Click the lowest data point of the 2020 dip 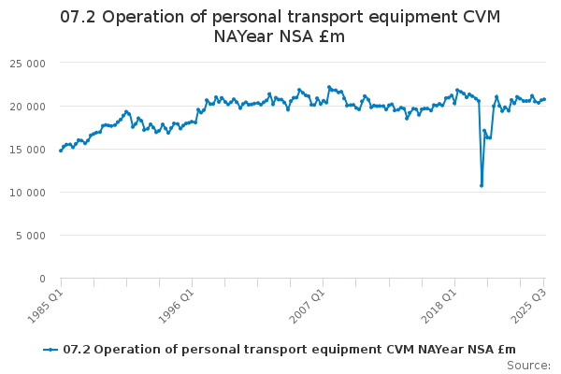click(x=482, y=185)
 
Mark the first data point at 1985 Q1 click(x=61, y=150)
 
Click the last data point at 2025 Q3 click(x=544, y=99)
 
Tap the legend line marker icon click(x=51, y=350)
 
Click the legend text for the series click(x=289, y=350)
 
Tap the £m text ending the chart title click(x=332, y=36)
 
